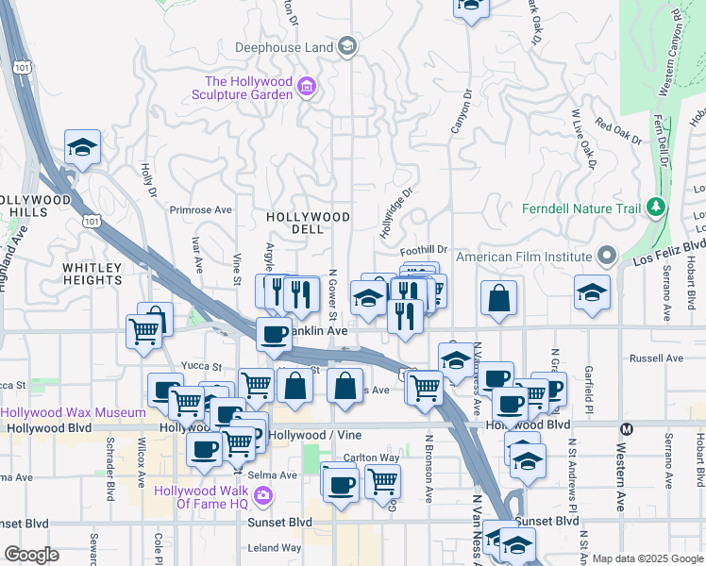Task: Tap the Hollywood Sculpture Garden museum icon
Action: coord(305,89)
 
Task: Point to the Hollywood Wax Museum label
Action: coord(74,412)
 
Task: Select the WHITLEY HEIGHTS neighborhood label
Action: coord(92,274)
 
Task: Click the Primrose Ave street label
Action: coord(200,209)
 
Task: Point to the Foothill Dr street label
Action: coord(423,251)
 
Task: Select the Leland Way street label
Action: coord(276,547)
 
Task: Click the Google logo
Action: coord(30,555)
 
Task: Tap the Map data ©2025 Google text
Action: coord(647,558)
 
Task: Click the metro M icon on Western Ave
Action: coord(624,429)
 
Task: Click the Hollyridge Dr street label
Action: coord(397,211)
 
